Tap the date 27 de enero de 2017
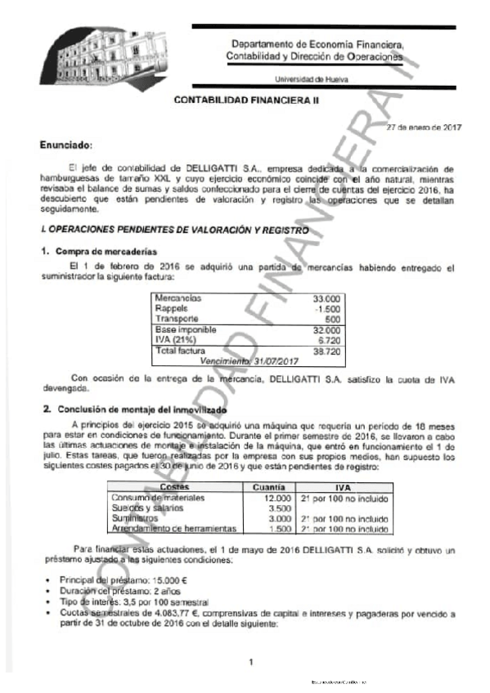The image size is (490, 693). tap(425, 127)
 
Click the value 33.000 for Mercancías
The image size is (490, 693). tap(327, 299)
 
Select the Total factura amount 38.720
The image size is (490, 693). tap(327, 351)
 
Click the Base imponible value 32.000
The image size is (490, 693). tap(327, 329)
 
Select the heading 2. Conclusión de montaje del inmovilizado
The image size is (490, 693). tap(136, 409)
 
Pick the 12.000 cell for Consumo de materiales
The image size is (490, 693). tap(277, 498)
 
